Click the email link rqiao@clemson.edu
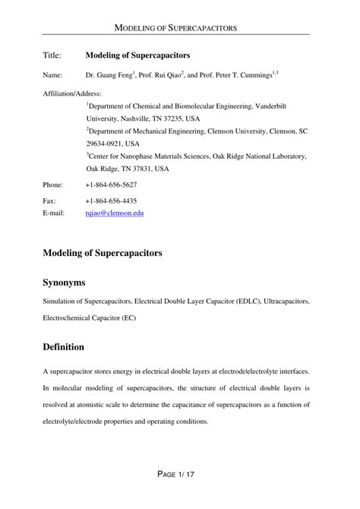pyautogui.click(x=115, y=213)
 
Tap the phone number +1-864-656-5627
pyautogui.click(x=111, y=185)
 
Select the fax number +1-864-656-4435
pyautogui.click(x=111, y=201)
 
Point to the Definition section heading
pyautogui.click(x=63, y=346)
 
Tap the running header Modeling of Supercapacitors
pyautogui.click(x=179, y=27)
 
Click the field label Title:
pyautogui.click(x=52, y=55)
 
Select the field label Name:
pyautogui.click(x=53, y=76)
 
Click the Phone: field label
pyautogui.click(x=53, y=185)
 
